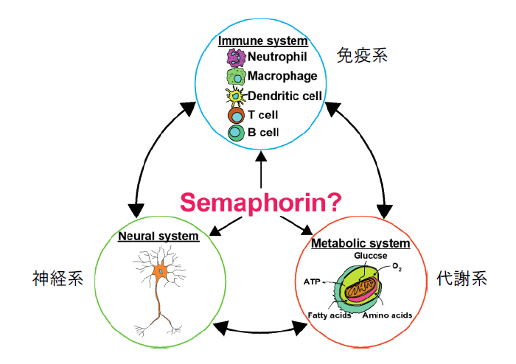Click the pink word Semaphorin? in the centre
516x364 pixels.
coord(259,201)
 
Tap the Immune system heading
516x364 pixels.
coord(263,41)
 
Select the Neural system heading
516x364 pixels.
coord(158,237)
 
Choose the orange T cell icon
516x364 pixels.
coord(236,114)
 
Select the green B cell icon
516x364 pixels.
coord(236,133)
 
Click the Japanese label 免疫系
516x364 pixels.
coord(362,55)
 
